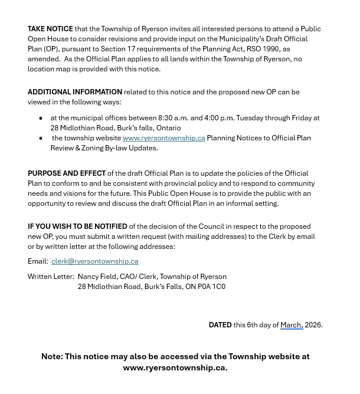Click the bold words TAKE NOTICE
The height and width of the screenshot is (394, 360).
tap(50, 29)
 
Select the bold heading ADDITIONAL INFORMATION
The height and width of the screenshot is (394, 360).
tap(75, 92)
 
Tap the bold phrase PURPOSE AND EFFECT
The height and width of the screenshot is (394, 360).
tap(67, 173)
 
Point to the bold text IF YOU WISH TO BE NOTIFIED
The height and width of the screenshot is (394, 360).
tap(77, 226)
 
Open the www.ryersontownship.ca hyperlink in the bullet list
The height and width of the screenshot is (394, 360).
tap(163, 138)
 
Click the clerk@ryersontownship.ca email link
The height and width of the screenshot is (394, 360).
tap(94, 261)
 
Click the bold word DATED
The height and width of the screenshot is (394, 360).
tap(220, 325)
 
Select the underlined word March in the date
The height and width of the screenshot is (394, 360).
tap(291, 325)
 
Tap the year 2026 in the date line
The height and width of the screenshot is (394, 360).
tap(313, 325)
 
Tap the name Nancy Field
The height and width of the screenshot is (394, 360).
tap(97, 277)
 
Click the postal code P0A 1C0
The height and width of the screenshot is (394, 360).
tap(211, 287)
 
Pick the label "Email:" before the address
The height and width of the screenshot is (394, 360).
tap(38, 261)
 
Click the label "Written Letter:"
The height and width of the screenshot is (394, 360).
tap(51, 277)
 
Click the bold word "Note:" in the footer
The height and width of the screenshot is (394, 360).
tap(52, 357)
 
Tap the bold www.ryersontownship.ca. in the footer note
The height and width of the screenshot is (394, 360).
tap(175, 367)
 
